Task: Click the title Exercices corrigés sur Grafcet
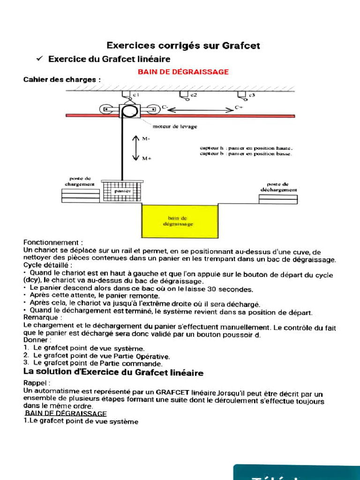click(183, 45)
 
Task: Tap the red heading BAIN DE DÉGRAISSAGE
click(183, 72)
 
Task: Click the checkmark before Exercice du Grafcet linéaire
click(40, 59)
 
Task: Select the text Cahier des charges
click(61, 80)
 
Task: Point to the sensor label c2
click(193, 95)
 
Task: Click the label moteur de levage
click(174, 127)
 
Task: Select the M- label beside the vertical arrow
click(146, 139)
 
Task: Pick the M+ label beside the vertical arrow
click(146, 158)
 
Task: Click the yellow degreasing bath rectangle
click(180, 221)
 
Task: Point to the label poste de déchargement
click(278, 187)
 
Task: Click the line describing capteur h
click(246, 148)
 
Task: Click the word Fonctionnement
click(53, 242)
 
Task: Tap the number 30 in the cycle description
click(212, 289)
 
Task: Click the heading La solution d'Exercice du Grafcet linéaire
click(113, 373)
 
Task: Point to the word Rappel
click(36, 383)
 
